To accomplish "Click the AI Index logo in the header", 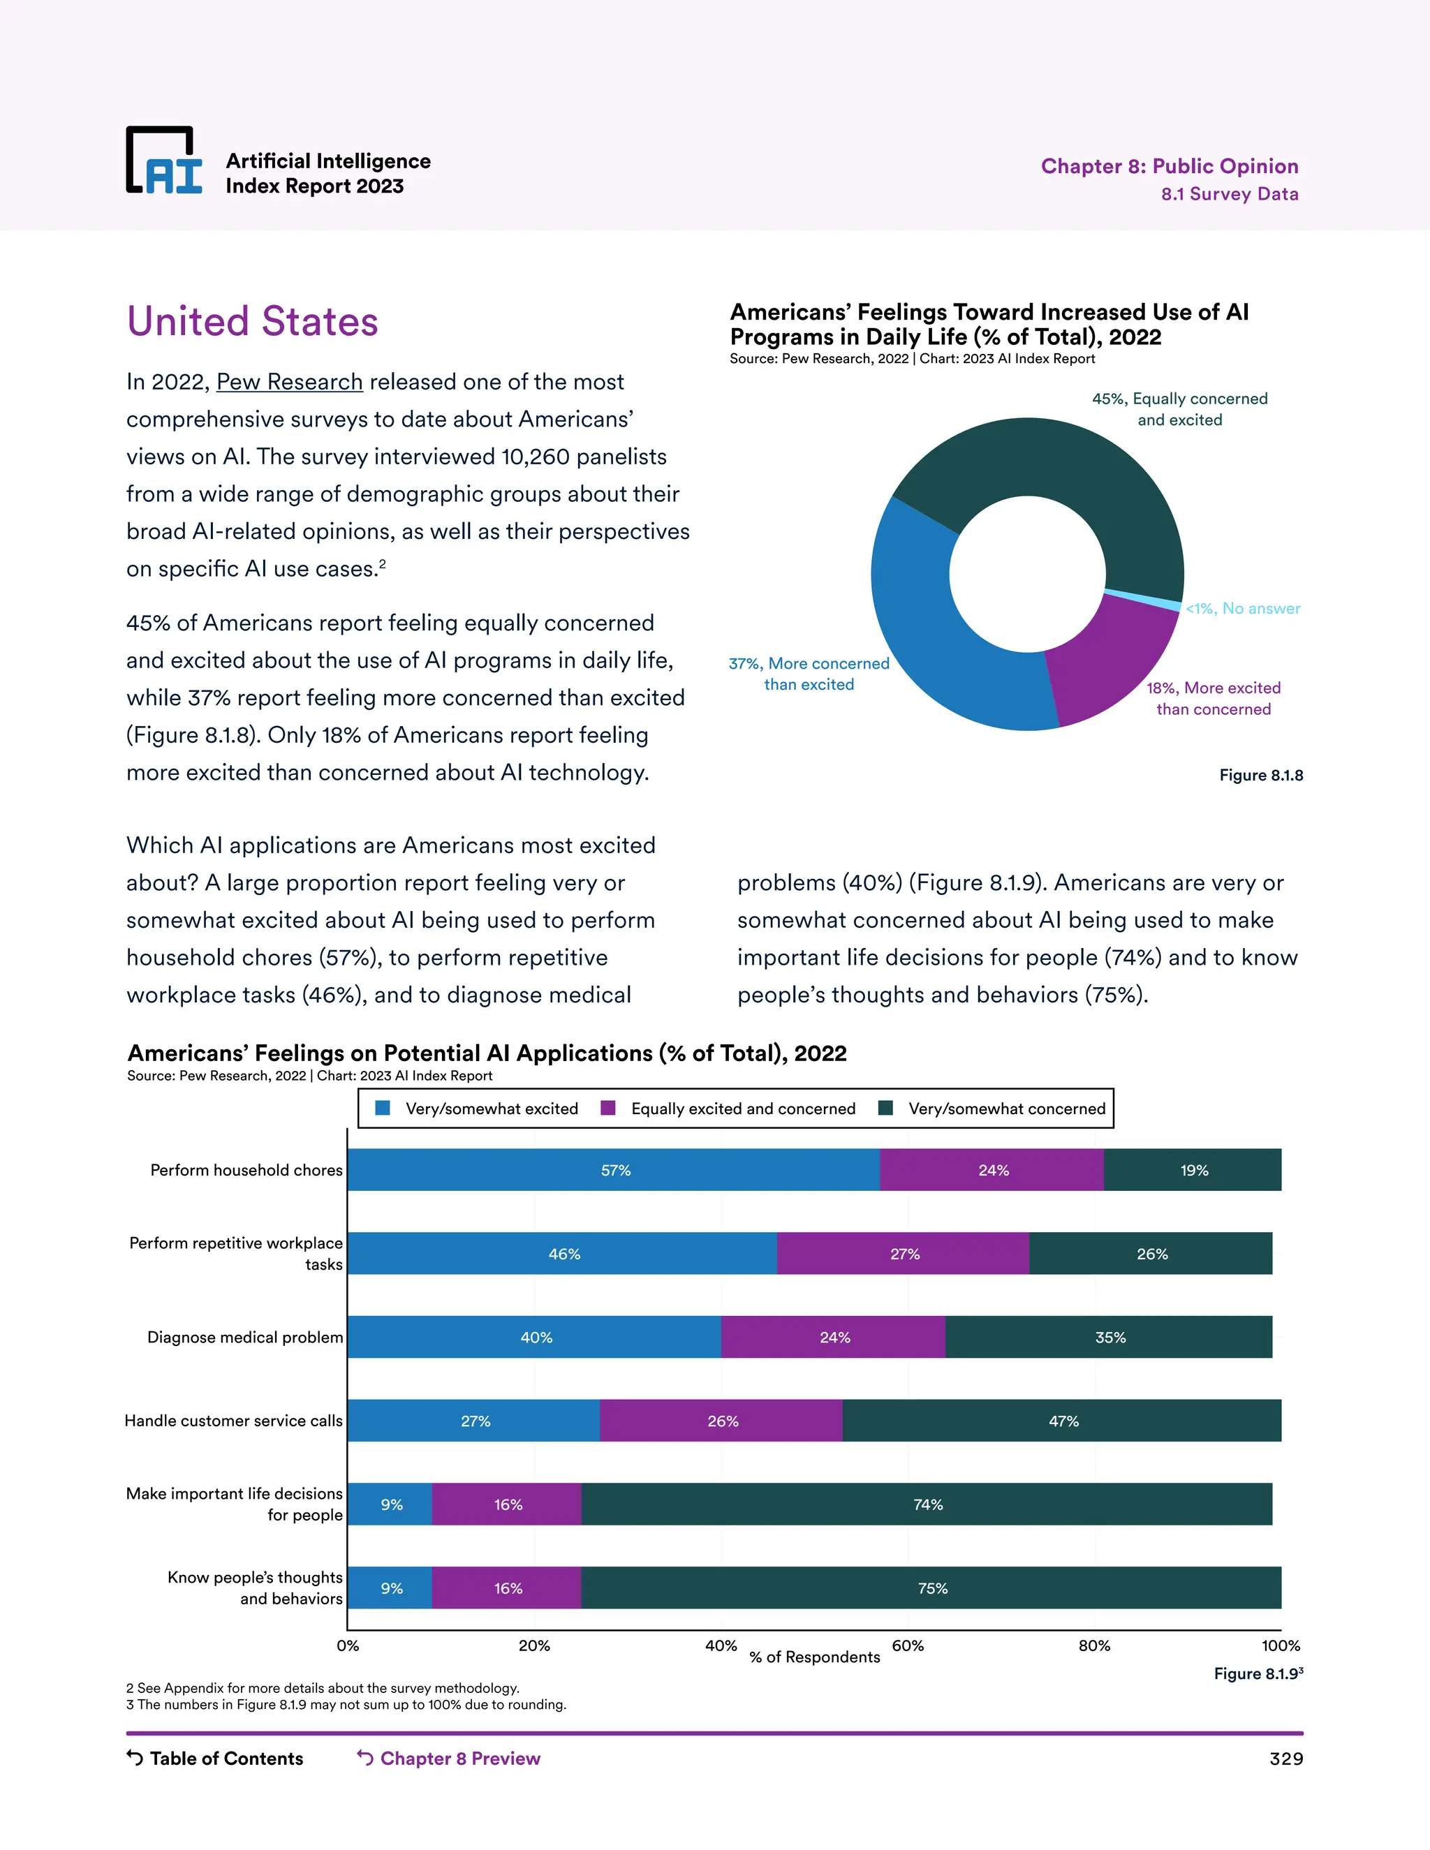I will pos(164,161).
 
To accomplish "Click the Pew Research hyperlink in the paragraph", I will pos(290,382).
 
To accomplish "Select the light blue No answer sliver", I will pos(1144,599).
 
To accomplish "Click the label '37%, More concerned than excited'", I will pos(809,674).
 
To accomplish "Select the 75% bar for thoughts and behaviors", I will pos(932,1588).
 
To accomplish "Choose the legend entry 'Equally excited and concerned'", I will pos(730,1109).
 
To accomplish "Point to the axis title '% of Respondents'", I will pos(814,1657).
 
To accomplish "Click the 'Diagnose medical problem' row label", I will pos(245,1338).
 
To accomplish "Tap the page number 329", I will pos(1285,1759).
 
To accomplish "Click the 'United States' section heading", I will pos(253,322).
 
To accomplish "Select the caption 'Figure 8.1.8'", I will pos(1260,775).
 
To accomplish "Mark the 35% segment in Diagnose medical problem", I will pos(1109,1338).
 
